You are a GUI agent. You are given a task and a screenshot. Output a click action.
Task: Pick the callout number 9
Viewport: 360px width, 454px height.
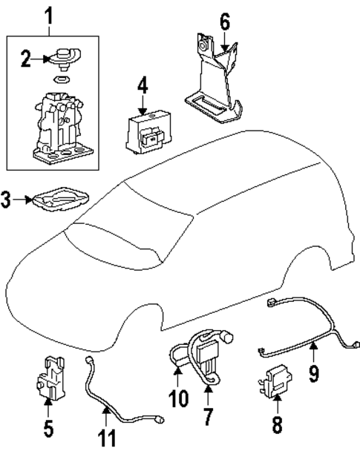pos(314,372)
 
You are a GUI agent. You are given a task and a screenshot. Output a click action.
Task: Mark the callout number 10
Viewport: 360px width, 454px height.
pos(179,400)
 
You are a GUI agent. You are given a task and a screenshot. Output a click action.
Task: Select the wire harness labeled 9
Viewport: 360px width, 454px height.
pos(304,330)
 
